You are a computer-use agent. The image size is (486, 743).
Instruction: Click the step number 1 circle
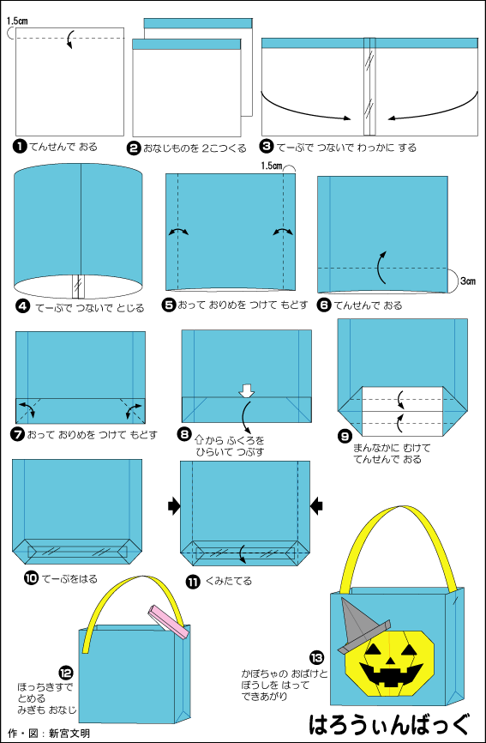(21, 147)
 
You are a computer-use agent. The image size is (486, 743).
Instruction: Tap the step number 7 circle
(19, 434)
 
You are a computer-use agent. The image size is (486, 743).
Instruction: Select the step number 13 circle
(316, 658)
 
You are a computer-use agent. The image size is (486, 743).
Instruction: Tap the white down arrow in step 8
(247, 390)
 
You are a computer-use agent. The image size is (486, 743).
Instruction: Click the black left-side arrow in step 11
(174, 506)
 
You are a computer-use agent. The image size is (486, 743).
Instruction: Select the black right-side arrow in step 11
(316, 506)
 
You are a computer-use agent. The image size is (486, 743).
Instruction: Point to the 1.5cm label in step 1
(17, 21)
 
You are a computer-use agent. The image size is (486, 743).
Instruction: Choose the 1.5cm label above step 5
(271, 166)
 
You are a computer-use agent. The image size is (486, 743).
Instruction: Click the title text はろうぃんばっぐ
(390, 723)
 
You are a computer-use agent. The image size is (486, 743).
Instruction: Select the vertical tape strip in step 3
(369, 87)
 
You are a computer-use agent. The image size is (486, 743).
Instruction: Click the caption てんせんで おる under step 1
(63, 147)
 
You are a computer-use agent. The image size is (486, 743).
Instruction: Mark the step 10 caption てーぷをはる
(69, 578)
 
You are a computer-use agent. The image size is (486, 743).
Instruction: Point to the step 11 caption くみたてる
(229, 581)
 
